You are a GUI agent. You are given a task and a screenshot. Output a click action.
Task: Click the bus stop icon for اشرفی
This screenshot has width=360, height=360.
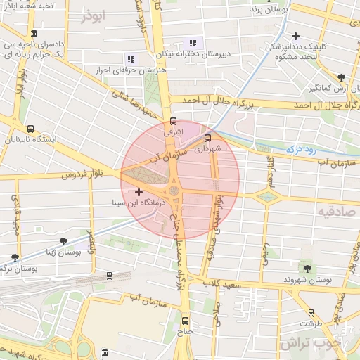click(x=174, y=120)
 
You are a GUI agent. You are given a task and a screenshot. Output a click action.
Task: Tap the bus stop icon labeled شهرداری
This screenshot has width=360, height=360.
click(x=207, y=138)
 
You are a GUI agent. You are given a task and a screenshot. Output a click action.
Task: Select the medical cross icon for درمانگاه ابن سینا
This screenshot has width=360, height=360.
click(x=139, y=192)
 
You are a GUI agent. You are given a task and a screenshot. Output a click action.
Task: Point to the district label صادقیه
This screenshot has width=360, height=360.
click(x=333, y=210)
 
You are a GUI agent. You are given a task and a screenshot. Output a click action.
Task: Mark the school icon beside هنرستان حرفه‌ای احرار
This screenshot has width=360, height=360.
click(x=130, y=59)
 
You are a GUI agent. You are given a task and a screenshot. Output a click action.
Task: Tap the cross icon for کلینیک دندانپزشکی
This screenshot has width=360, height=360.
click(x=296, y=36)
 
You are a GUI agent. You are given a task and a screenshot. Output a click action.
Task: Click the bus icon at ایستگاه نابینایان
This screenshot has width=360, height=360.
click(x=30, y=129)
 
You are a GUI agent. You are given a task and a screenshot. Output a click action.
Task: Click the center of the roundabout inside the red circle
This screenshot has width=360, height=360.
click(x=174, y=191)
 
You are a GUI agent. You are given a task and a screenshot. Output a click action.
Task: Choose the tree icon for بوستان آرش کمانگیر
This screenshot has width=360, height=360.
click(x=342, y=77)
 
